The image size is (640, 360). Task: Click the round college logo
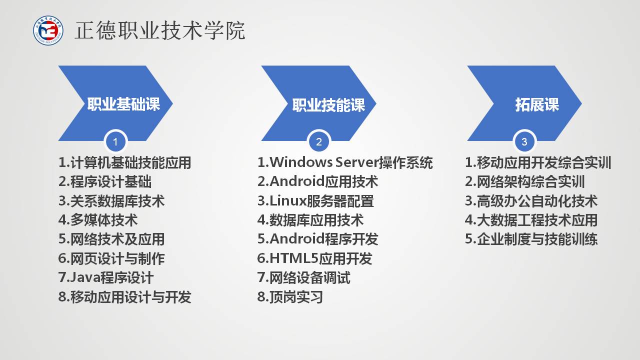(48, 30)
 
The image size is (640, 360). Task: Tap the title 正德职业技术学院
(160, 30)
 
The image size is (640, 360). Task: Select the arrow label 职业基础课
(123, 103)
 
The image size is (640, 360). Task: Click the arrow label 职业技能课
(328, 105)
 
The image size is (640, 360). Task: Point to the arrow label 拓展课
(537, 104)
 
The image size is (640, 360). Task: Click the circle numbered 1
(115, 141)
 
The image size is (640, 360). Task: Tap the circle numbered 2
(319, 141)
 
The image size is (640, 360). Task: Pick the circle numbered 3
(524, 141)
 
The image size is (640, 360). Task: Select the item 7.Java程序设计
(106, 277)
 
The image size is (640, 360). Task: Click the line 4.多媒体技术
(98, 220)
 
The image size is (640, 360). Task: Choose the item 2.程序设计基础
(105, 181)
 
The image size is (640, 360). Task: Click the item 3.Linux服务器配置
(315, 201)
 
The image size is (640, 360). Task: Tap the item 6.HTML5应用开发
(314, 258)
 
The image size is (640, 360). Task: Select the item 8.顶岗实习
(290, 296)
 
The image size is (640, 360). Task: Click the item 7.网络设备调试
(303, 277)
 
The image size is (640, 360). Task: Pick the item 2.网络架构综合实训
(525, 181)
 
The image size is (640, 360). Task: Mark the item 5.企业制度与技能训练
(531, 239)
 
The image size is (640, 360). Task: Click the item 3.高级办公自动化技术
(531, 201)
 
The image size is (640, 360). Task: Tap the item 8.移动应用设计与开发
(124, 296)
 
